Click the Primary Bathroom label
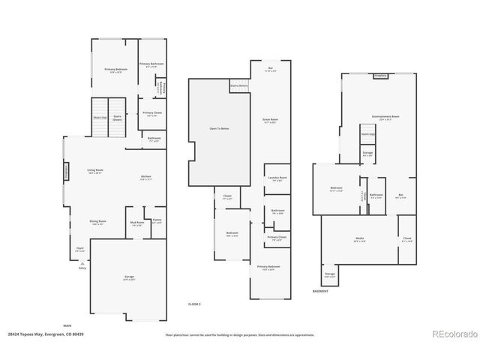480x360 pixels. [x=151, y=64]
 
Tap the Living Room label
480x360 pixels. [x=94, y=170]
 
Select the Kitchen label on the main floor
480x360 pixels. [x=146, y=177]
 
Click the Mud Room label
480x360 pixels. [x=137, y=223]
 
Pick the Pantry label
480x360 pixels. [x=157, y=221]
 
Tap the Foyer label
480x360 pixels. [x=79, y=247]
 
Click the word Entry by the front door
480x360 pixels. [x=82, y=268]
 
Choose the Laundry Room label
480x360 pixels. [x=277, y=178]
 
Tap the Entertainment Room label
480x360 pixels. [x=383, y=116]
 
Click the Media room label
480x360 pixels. [x=360, y=239]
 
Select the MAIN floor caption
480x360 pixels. [x=67, y=325]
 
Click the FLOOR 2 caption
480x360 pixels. [x=194, y=303]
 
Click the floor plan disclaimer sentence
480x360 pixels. [x=239, y=334]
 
